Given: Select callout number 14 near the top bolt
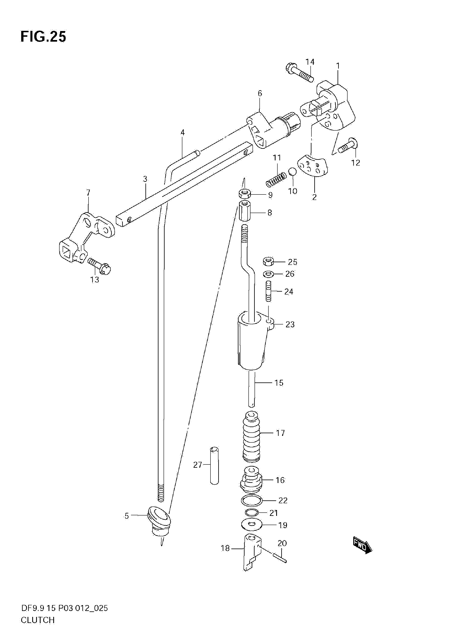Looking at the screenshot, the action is [310, 62].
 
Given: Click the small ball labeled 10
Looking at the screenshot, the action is [292, 171].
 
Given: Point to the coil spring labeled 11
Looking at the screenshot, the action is [276, 180].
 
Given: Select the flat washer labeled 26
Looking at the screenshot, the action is [268, 273].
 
